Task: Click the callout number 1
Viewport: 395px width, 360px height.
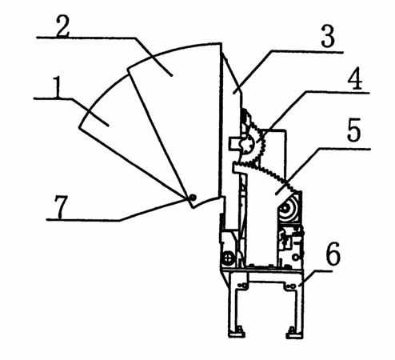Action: coord(57,87)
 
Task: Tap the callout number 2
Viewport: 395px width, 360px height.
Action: coord(63,26)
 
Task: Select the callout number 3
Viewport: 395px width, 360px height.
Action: coord(328,36)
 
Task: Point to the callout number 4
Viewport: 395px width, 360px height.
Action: coord(355,78)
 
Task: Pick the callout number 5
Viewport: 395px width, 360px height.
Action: coord(354,130)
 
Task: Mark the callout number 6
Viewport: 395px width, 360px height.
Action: coord(333,254)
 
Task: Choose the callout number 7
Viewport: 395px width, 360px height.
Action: coord(61,206)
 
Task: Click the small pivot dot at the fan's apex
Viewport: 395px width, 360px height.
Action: coord(193,198)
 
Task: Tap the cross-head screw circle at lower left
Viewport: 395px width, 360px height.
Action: coord(229,258)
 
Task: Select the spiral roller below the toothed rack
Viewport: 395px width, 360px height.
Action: coord(289,209)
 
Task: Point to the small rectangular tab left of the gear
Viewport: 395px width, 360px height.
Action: coord(235,144)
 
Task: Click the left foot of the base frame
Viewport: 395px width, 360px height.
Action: coord(237,334)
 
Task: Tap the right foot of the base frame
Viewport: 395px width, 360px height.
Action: coord(294,334)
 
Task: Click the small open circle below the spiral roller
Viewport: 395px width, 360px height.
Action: coord(295,258)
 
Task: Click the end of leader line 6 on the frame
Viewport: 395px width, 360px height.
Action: coord(301,286)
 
